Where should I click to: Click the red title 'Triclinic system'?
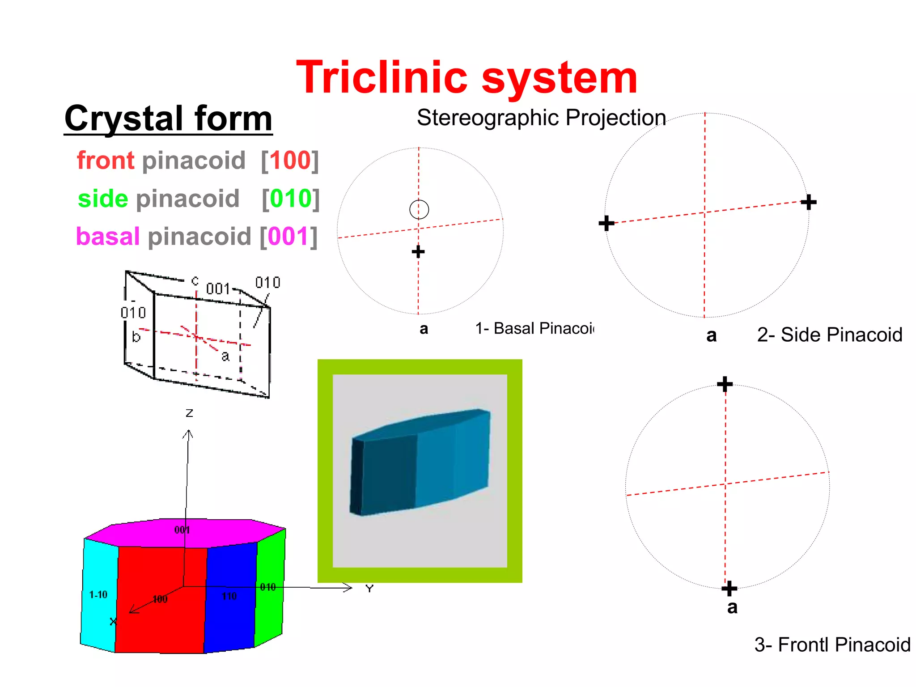(466, 78)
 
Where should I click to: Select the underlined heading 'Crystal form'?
(168, 119)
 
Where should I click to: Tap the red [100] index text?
(290, 160)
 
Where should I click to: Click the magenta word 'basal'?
(108, 236)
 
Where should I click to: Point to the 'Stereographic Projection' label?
(541, 118)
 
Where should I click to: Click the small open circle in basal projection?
(419, 209)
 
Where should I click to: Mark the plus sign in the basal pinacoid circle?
(418, 252)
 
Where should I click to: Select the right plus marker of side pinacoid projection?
(808, 202)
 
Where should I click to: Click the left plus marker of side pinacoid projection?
(606, 223)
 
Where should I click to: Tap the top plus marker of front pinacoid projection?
(725, 384)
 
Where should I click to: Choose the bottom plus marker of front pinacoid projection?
(729, 588)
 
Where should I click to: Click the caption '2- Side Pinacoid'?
(830, 335)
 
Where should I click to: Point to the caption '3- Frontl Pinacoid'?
(832, 645)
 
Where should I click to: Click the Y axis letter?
(369, 589)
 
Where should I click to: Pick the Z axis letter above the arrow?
(189, 413)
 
